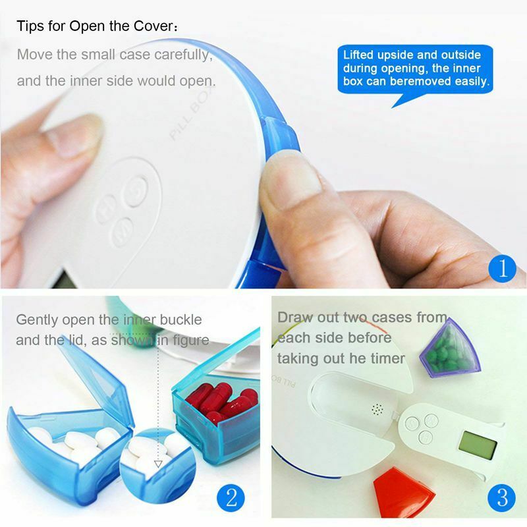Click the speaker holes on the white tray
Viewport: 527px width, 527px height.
pos(377,410)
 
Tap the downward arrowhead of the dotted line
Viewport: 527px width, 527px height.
pos(157,464)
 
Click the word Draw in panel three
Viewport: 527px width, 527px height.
pos(294,318)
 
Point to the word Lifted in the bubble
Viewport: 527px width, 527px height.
pos(360,55)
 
